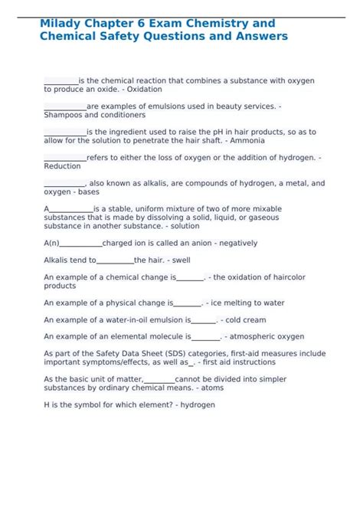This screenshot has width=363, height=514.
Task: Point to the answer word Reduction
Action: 62,166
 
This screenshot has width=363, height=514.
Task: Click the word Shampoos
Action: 63,115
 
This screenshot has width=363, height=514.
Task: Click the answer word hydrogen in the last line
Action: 198,405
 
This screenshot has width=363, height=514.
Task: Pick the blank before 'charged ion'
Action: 80,243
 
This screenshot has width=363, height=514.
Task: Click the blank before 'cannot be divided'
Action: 159,379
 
